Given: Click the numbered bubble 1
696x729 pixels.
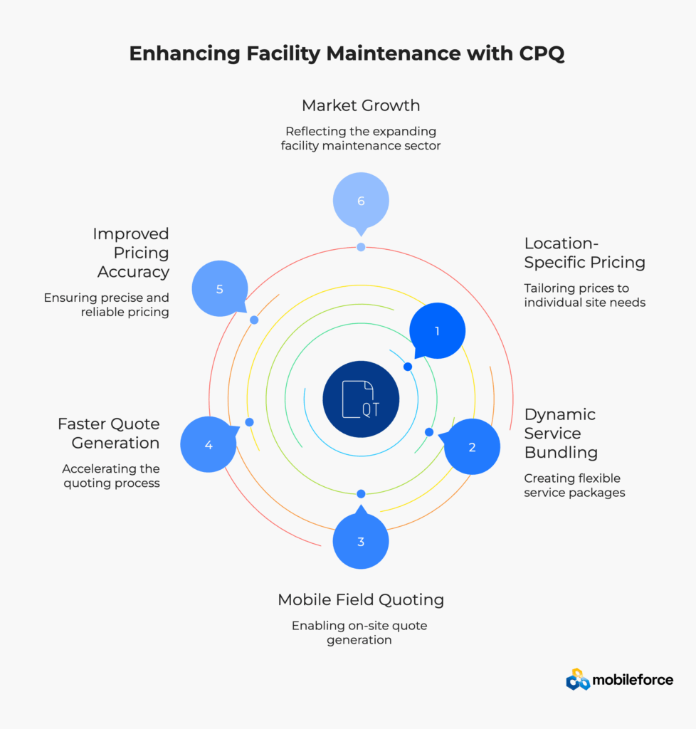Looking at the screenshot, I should [437, 330].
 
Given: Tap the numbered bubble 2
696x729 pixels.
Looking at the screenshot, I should [472, 447].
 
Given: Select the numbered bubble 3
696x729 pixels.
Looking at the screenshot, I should [361, 542].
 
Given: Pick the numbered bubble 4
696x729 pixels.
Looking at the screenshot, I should [209, 445].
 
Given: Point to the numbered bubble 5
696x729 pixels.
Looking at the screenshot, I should [220, 289].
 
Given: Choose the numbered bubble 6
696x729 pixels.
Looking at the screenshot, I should [361, 201].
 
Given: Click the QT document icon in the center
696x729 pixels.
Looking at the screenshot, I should [361, 399].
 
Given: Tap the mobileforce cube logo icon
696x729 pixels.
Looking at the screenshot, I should [578, 680].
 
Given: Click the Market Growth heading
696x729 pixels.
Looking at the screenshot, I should [361, 105].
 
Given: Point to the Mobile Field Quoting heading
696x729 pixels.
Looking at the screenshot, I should [361, 599].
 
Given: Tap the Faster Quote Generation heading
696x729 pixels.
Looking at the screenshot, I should [108, 434].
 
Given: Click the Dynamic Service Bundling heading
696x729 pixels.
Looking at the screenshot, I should [560, 433].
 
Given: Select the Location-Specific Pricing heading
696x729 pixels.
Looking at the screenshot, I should [584, 253].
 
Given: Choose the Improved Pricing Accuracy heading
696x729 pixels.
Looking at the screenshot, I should [131, 253].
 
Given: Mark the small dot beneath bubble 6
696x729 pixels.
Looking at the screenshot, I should [361, 247].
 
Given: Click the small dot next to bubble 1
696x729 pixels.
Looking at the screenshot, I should [408, 367].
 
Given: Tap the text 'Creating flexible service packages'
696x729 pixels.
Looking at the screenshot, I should [574, 485].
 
